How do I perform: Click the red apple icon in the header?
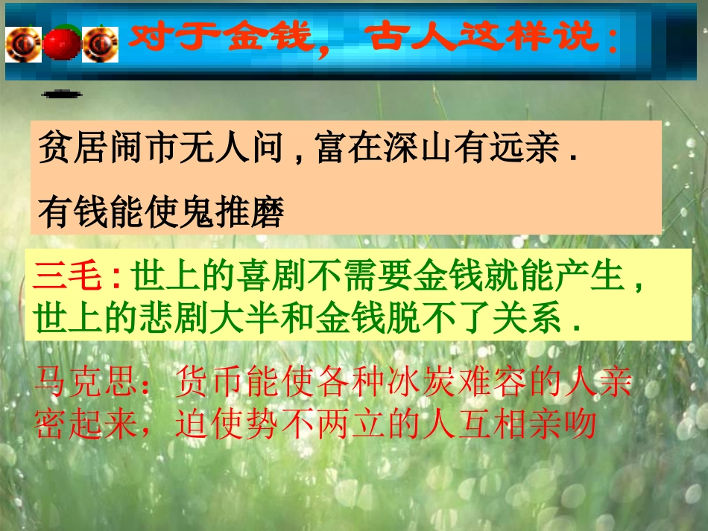click(61, 42)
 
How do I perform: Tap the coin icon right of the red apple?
click(100, 43)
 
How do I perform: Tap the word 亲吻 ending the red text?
click(566, 425)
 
